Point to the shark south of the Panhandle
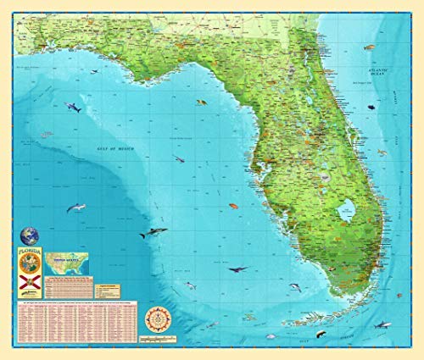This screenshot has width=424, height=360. pyautogui.click(x=72, y=108)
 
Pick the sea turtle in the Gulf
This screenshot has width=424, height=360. pyautogui.click(x=201, y=103)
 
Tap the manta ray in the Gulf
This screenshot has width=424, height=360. pyautogui.click(x=237, y=269)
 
